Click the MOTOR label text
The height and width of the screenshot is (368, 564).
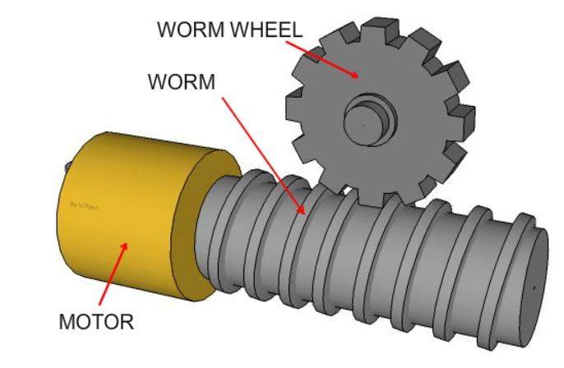(x=95, y=322)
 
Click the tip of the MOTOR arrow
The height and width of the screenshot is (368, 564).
(x=127, y=243)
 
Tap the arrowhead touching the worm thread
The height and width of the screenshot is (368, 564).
(x=304, y=211)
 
